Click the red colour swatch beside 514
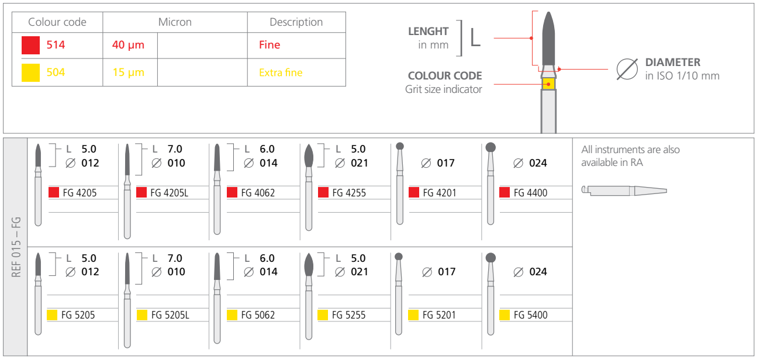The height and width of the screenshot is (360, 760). point(30,45)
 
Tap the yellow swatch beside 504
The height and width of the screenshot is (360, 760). point(30,72)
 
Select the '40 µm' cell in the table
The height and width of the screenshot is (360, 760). point(128,45)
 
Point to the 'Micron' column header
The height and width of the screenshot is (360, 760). point(175,22)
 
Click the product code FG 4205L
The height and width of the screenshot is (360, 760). point(169,193)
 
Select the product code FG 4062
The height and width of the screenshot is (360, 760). point(258,193)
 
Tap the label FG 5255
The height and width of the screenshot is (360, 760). point(349,315)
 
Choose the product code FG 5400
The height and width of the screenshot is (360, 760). point(531,315)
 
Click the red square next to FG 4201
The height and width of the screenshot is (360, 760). point(413,192)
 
